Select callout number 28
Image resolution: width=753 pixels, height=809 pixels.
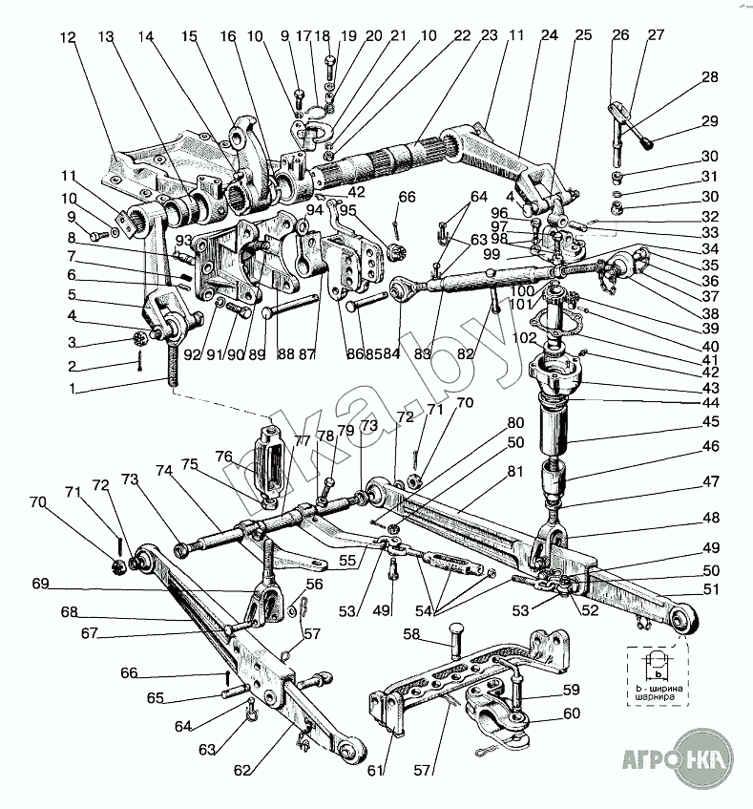click(709, 77)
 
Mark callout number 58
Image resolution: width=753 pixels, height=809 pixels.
click(411, 633)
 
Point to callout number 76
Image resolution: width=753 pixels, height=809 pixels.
click(223, 456)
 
